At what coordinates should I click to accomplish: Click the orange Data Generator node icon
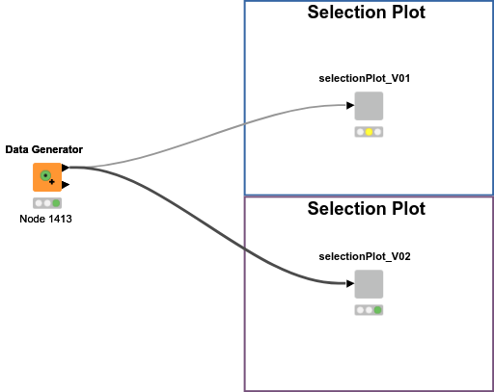click(46, 177)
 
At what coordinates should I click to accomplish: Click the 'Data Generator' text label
click(43, 149)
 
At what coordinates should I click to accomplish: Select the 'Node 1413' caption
click(46, 219)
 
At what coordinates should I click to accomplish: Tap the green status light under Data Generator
click(56, 203)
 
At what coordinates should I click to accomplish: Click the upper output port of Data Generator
click(65, 168)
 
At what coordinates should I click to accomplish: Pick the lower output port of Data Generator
click(65, 185)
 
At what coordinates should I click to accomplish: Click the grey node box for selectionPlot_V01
click(369, 106)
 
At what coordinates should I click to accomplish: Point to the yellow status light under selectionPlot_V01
click(369, 132)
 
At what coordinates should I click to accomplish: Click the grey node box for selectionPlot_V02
click(369, 284)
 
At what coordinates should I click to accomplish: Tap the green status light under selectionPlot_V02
click(378, 310)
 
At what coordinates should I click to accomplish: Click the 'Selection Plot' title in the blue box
click(366, 13)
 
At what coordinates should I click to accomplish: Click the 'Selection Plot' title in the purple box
click(366, 208)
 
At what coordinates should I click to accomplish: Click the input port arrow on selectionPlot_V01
click(350, 106)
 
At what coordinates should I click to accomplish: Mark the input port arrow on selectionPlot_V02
click(350, 284)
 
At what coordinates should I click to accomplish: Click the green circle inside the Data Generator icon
click(44, 175)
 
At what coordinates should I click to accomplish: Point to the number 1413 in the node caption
click(59, 219)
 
